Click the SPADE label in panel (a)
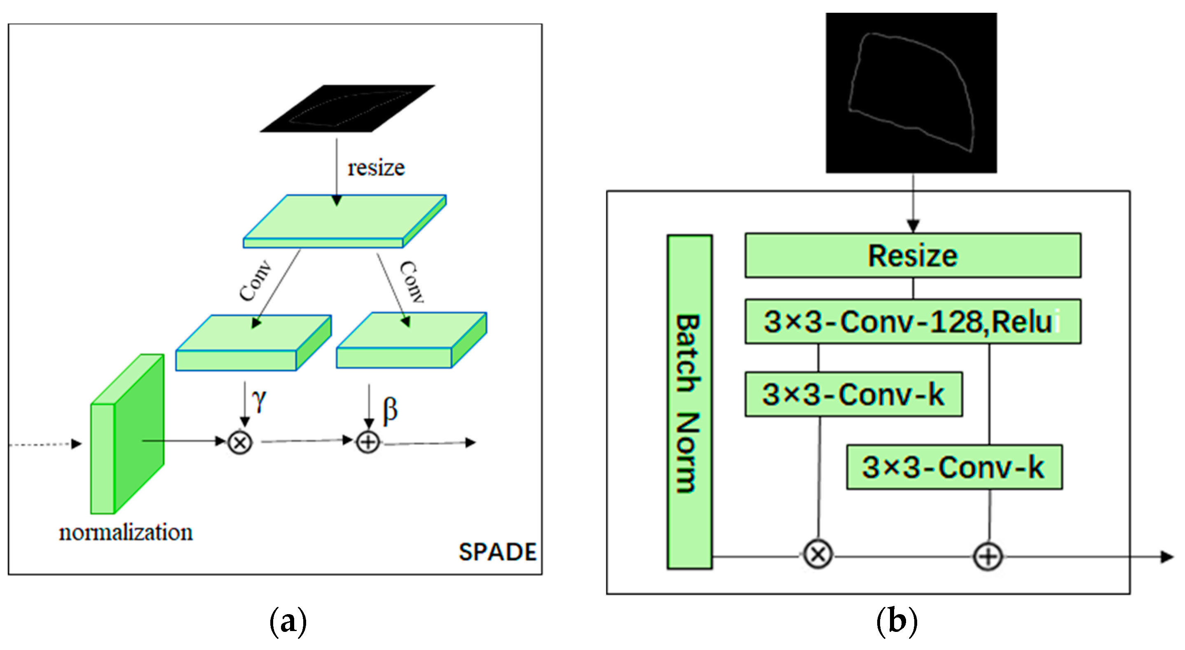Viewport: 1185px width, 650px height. coord(497,552)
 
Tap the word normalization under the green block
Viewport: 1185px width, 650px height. coord(126,533)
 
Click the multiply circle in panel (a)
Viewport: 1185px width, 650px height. coord(240,442)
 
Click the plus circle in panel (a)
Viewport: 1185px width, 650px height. coord(368,442)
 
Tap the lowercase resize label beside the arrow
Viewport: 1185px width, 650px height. coord(376,168)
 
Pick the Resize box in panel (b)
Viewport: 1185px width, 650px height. coord(913,256)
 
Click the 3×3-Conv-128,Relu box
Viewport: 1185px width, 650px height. coord(913,322)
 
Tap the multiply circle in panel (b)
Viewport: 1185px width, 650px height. coord(817,554)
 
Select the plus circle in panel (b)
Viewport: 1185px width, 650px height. coord(988,556)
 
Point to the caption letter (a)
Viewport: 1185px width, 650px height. coord(288,622)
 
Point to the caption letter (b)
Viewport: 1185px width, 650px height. coord(897,622)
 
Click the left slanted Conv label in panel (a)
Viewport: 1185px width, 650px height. coord(256,281)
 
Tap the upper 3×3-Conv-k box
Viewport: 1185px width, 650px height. coord(853,394)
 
